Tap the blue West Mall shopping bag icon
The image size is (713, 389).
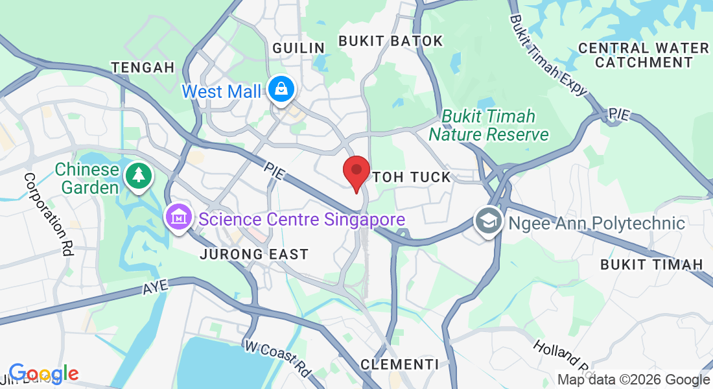click(283, 89)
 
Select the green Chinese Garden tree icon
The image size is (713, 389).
click(137, 175)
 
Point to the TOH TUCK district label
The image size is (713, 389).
click(412, 177)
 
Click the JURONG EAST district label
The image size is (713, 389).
click(254, 254)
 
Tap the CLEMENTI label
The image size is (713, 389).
click(399, 364)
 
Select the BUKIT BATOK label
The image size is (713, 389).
click(391, 41)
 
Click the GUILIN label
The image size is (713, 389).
click(298, 48)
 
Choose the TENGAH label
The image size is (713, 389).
click(143, 67)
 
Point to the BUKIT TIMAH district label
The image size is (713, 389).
click(651, 264)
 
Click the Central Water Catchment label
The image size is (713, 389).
click(644, 55)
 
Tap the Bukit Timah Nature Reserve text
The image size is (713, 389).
click(489, 126)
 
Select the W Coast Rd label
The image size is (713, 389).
click(277, 359)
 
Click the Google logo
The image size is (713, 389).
click(43, 373)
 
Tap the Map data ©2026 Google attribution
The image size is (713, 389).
click(634, 380)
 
